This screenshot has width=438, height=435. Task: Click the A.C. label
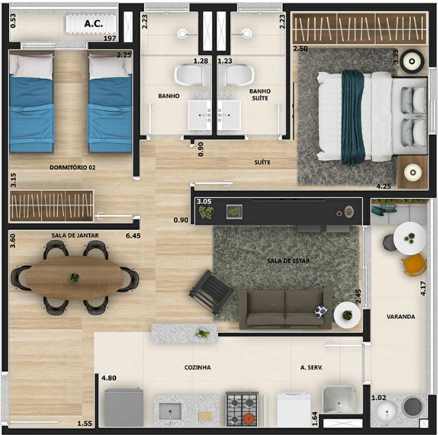tap(93, 24)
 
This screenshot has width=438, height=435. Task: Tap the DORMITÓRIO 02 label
tap(73, 167)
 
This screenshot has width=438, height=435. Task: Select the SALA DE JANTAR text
tap(75, 235)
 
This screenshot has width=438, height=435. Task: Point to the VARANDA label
tap(400, 317)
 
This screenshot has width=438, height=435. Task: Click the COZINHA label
tap(197, 368)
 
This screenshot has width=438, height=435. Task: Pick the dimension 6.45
tap(133, 236)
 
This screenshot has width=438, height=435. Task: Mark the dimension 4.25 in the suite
tap(383, 186)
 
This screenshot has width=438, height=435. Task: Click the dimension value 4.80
tap(109, 378)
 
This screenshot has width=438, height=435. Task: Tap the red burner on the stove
tap(249, 418)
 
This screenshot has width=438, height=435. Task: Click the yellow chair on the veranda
tap(414, 265)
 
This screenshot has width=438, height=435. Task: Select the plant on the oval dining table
tap(75, 277)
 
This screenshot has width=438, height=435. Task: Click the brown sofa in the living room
tap(285, 310)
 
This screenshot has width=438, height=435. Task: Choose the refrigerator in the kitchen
tap(124, 407)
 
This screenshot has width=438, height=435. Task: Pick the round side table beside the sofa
tap(347, 315)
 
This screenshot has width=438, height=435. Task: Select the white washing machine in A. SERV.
tap(294, 409)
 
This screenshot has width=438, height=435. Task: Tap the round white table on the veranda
tap(410, 239)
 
